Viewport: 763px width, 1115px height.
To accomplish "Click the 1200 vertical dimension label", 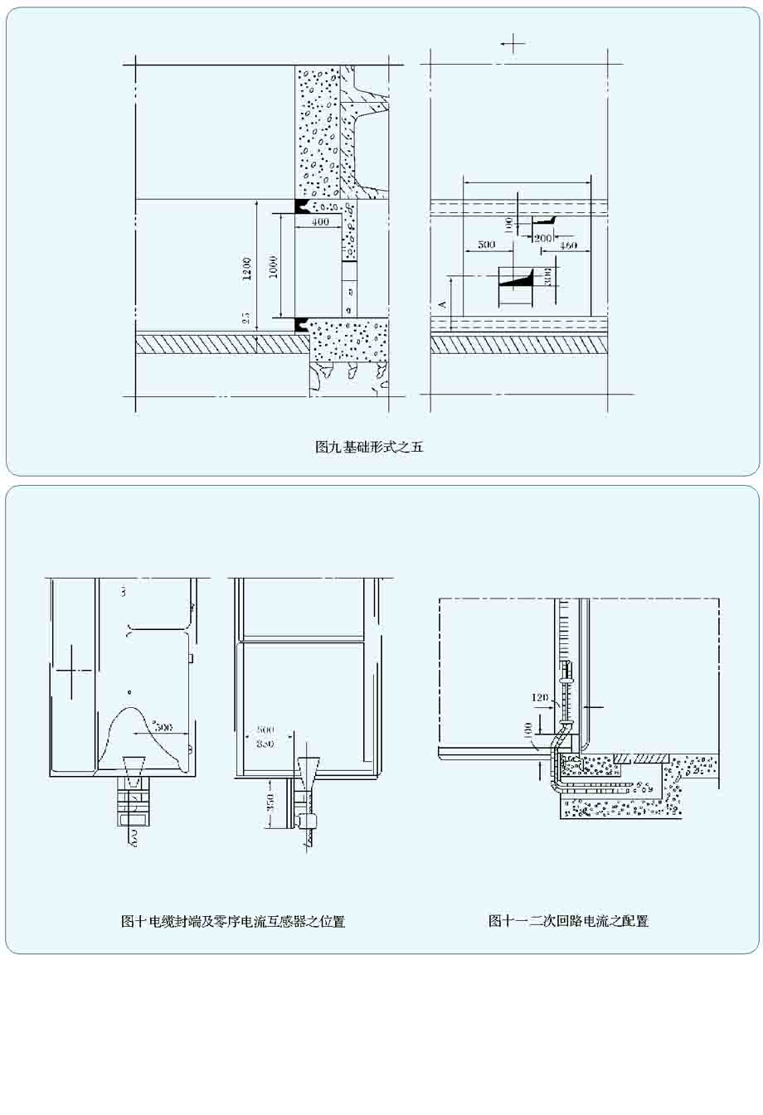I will coord(246,269).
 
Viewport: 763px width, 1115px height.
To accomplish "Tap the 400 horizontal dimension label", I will coord(319,222).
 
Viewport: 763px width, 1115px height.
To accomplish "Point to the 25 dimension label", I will coord(245,318).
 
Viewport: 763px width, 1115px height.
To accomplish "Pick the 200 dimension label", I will coord(543,238).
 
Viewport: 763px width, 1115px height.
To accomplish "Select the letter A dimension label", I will coord(443,305).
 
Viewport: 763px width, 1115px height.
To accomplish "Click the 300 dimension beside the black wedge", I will coord(548,276).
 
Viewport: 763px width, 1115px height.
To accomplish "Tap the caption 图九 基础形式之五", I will coord(369,447).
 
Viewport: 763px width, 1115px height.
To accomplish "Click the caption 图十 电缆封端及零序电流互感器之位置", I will coord(233,921).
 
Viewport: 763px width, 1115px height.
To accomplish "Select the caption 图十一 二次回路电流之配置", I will coord(568,920).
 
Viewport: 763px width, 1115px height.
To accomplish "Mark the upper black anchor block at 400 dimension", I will coord(304,205).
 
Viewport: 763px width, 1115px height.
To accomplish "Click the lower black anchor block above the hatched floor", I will coord(304,325).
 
